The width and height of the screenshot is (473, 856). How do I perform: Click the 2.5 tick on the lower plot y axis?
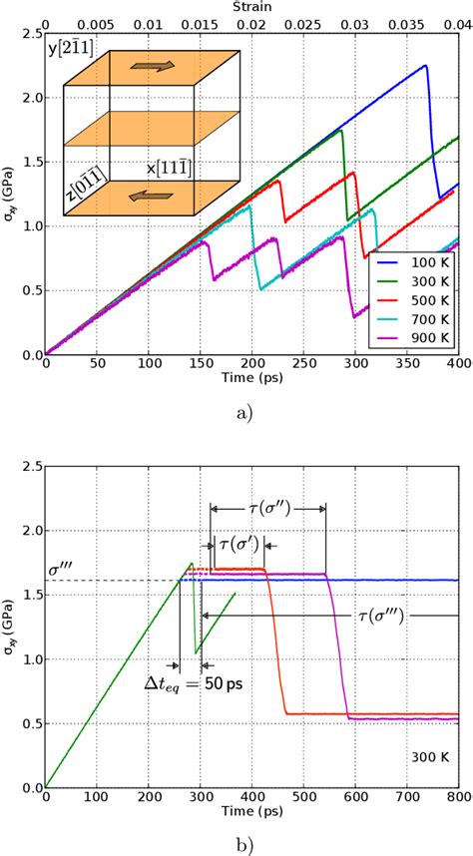click(x=32, y=467)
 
